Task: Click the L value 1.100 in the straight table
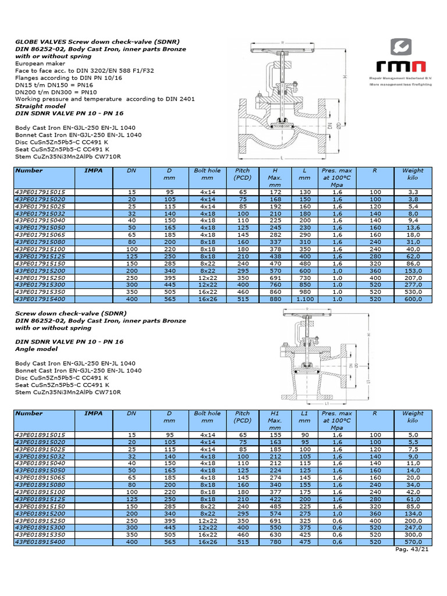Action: click(x=303, y=299)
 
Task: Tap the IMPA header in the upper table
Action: click(x=94, y=171)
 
